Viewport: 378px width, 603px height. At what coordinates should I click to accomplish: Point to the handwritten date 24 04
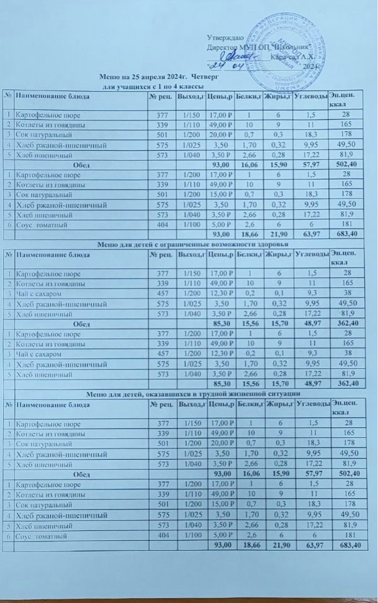(x=226, y=65)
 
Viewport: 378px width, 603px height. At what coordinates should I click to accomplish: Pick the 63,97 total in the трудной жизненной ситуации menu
(x=313, y=545)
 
